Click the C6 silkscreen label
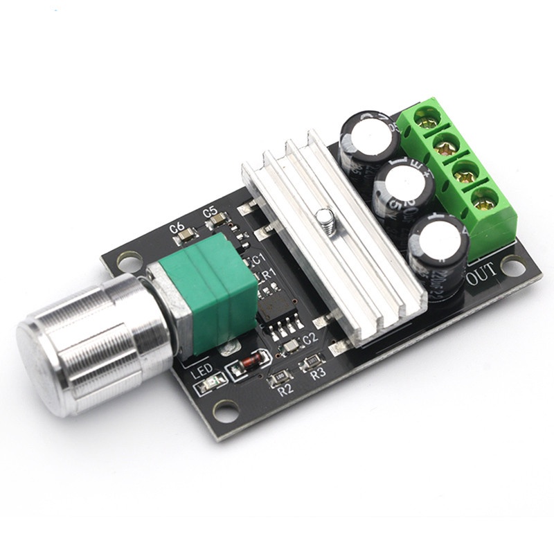point(177,226)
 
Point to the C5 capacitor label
point(211,211)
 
